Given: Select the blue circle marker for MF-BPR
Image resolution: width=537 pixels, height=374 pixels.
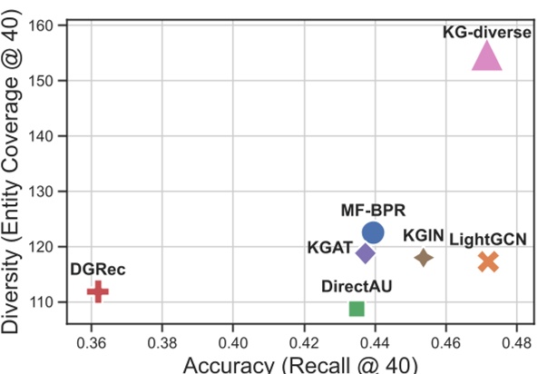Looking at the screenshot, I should click(373, 233).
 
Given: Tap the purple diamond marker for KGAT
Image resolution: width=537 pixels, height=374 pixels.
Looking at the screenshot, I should click(366, 252).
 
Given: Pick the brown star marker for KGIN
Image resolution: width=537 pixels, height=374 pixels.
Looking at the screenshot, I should click(424, 258).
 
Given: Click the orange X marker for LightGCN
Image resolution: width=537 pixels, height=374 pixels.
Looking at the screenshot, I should click(488, 261).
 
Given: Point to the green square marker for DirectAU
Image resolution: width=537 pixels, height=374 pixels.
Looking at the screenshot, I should click(356, 309).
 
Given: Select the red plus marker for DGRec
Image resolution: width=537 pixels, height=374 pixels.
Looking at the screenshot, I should click(98, 291).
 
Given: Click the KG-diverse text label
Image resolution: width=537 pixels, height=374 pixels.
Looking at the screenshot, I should click(487, 32).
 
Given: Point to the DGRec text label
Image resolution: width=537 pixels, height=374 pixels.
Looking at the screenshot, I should click(97, 270).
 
